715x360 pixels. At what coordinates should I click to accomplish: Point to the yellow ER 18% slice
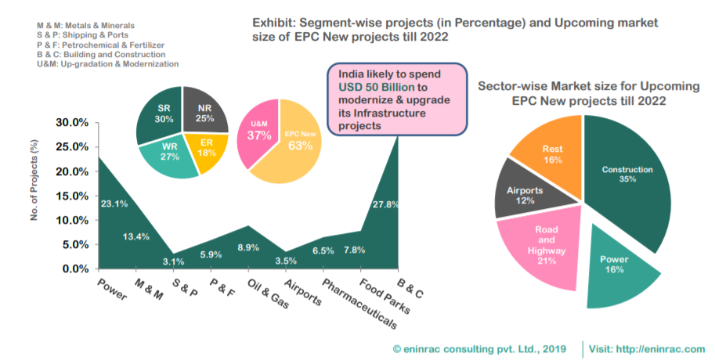pyautogui.click(x=207, y=149)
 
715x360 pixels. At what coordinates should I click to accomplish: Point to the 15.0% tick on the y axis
pyautogui.click(x=73, y=196)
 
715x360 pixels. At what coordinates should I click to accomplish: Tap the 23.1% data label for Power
pyautogui.click(x=114, y=203)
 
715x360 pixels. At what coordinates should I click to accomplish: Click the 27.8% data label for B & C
pyautogui.click(x=386, y=204)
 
